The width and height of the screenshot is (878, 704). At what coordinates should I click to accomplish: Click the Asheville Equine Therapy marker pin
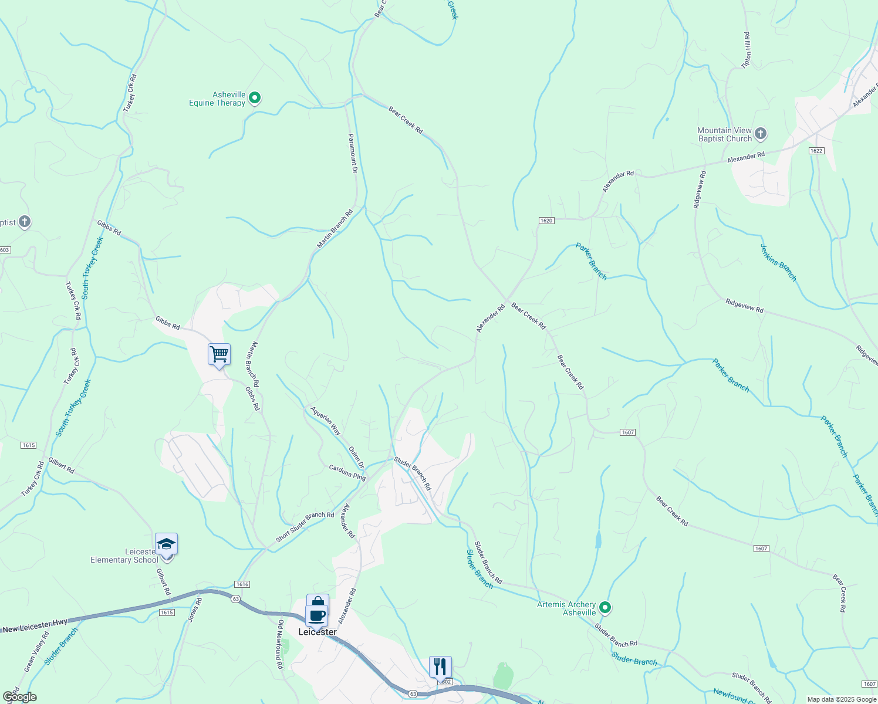coord(255,98)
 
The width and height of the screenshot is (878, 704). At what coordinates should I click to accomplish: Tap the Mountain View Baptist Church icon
coord(760,134)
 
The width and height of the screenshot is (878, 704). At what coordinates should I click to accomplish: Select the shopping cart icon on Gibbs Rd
coord(219,354)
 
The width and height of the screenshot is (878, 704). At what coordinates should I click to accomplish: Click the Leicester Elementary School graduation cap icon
coord(166,544)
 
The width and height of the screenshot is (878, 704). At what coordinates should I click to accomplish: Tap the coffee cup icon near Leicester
coord(317,615)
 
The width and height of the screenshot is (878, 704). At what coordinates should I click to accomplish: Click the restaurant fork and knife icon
coord(440,667)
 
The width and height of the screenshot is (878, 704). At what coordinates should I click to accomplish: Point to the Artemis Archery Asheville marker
coord(605,608)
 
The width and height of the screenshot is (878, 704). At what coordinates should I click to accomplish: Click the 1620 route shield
coord(546,221)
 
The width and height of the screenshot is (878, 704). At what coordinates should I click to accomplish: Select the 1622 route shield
coord(816,151)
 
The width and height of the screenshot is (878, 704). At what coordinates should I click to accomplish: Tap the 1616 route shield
coord(242,584)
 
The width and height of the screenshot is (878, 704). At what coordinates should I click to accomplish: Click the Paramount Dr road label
coord(353,154)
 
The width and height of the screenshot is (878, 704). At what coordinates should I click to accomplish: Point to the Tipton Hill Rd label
coord(747,50)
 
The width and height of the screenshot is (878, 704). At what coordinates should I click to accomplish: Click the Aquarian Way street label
coord(326,421)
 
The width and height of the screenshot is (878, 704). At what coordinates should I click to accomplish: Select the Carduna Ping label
coord(347,473)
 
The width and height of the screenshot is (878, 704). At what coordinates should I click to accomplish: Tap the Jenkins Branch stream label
coord(778,263)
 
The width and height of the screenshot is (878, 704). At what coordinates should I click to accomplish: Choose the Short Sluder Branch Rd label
coord(305,527)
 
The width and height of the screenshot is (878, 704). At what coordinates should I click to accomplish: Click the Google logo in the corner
coord(19,697)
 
